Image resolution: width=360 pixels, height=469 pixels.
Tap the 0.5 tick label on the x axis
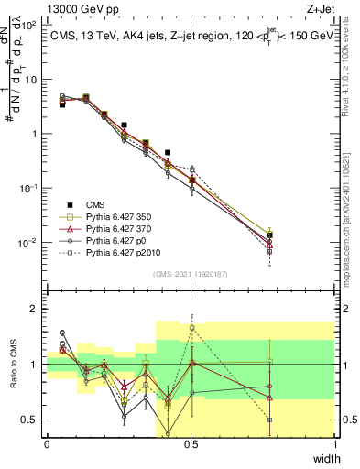pos(191,444)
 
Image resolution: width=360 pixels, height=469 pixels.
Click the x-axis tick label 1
pos(335,444)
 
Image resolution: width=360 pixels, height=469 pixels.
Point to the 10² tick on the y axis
pos(30,25)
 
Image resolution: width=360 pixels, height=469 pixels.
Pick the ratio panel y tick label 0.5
pos(31,420)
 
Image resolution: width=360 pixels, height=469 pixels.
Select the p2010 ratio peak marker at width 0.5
pos(192,328)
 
